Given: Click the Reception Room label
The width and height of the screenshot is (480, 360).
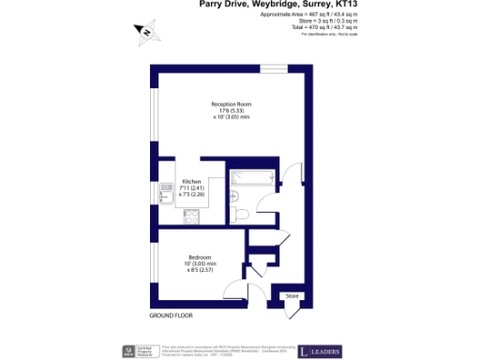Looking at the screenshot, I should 230,103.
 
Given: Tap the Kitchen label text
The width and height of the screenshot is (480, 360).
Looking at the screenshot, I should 192,181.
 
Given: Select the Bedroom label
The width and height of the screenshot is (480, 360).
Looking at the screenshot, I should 199,258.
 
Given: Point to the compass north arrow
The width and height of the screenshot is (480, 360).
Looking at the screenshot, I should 146,36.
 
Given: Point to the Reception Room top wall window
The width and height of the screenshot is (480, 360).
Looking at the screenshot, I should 274,67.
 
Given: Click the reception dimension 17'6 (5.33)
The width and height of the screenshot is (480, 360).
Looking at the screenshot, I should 230,111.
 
